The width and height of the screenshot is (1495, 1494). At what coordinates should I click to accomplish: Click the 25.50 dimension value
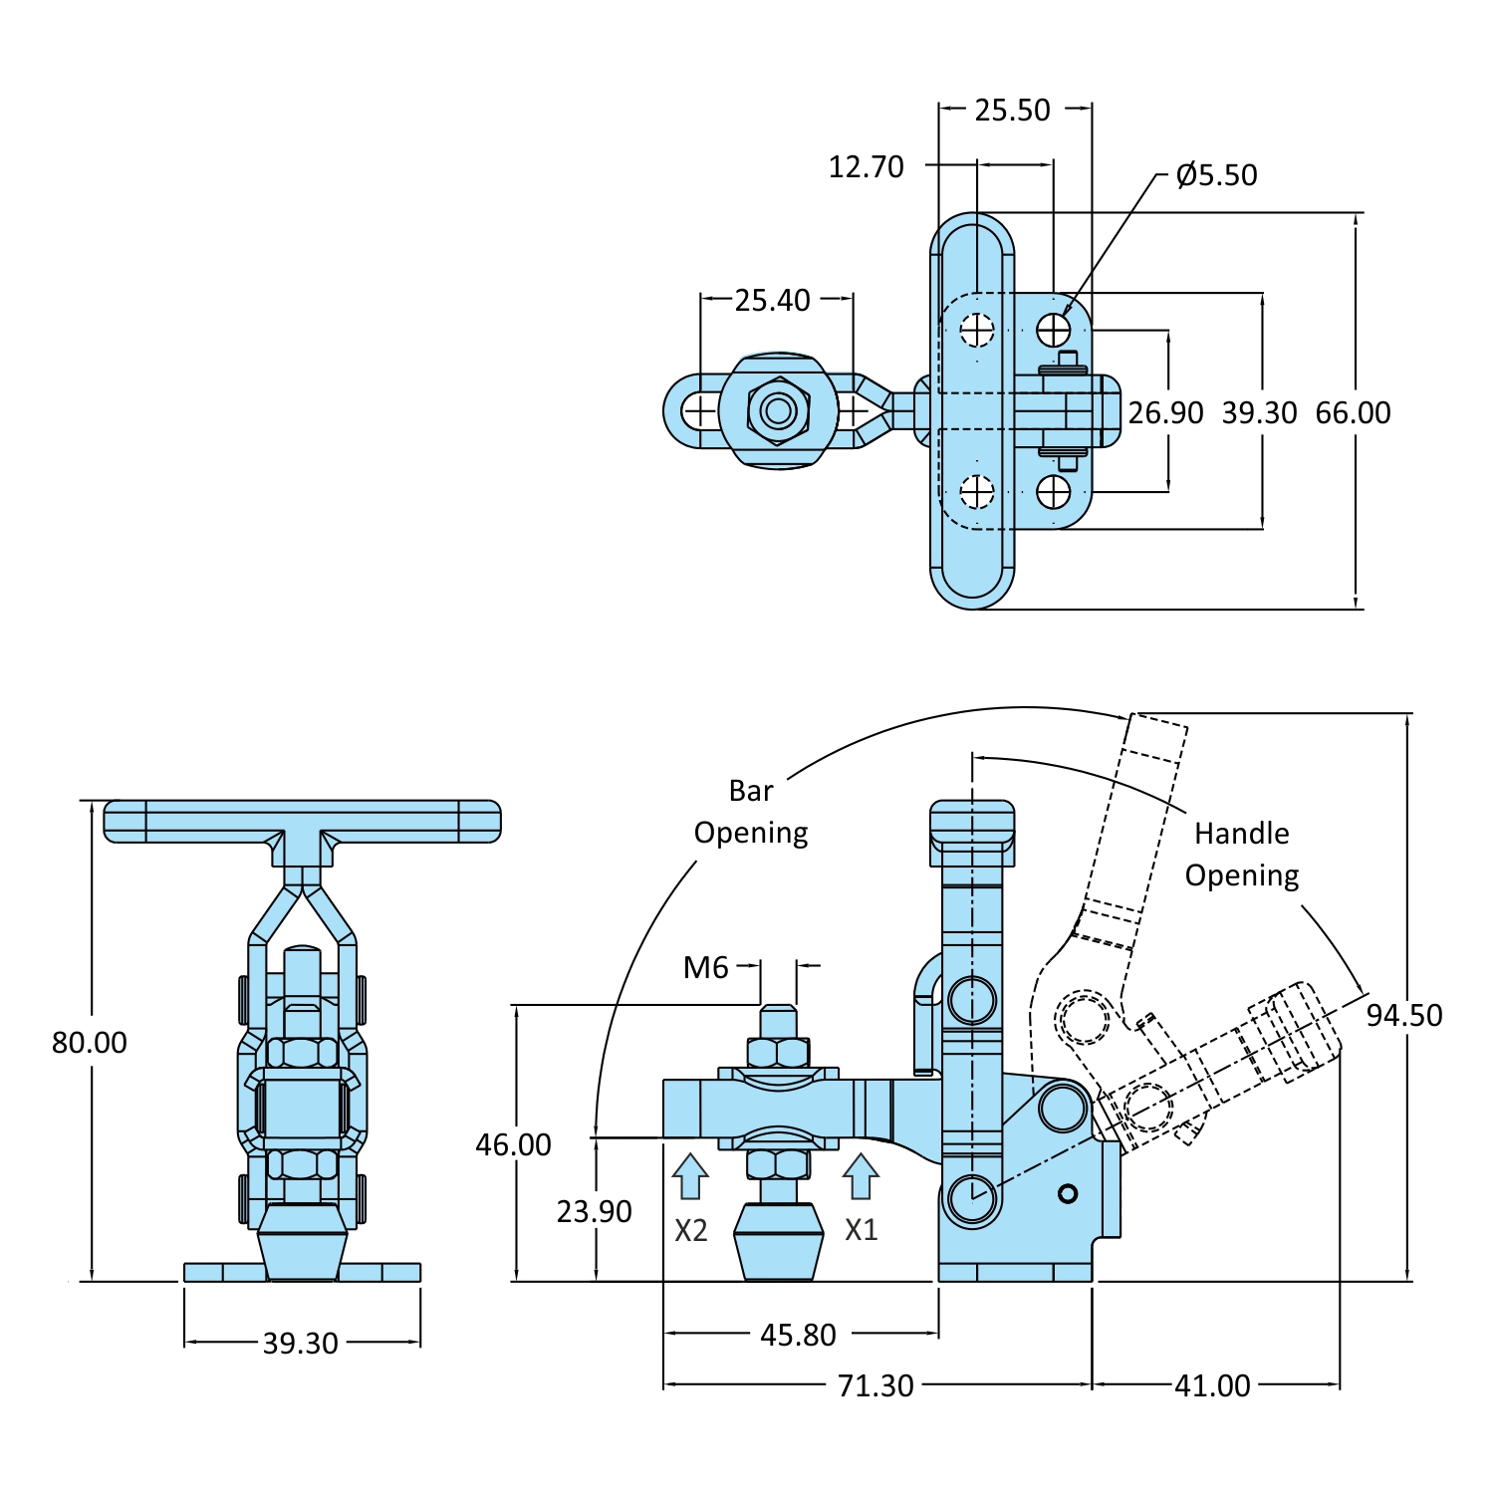click(x=1012, y=110)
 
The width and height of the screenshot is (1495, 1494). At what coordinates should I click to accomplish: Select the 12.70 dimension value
click(x=866, y=166)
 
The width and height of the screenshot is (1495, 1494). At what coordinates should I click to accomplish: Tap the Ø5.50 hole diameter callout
click(x=1215, y=175)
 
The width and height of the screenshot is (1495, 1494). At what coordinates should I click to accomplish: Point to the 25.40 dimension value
click(x=772, y=300)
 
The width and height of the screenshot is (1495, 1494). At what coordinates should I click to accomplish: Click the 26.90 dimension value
click(x=1165, y=412)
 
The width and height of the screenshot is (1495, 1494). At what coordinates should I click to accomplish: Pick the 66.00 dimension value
click(x=1353, y=412)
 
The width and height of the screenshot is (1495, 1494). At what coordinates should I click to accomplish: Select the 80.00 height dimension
click(x=90, y=1043)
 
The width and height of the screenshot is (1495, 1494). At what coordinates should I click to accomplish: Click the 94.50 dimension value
click(x=1403, y=1015)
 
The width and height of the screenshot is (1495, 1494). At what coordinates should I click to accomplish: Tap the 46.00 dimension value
click(x=513, y=1144)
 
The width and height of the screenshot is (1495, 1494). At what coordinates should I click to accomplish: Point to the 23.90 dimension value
click(x=594, y=1211)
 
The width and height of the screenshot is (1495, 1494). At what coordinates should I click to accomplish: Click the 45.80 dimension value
click(x=798, y=1335)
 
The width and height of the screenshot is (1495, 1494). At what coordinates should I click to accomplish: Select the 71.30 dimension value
click(x=875, y=1385)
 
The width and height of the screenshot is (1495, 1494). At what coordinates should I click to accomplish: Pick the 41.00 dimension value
click(x=1212, y=1385)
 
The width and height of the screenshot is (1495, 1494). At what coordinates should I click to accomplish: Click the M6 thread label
click(x=705, y=967)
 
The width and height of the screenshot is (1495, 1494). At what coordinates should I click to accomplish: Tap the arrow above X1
click(x=861, y=1176)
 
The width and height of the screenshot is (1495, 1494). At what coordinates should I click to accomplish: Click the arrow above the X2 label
click(x=690, y=1176)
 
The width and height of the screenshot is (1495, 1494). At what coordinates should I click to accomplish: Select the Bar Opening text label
click(x=751, y=811)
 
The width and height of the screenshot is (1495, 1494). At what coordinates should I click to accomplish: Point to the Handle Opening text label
click(x=1242, y=854)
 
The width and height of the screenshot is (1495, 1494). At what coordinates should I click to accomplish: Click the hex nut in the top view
click(x=778, y=410)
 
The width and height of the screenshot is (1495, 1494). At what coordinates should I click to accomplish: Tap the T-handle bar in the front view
click(x=302, y=821)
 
